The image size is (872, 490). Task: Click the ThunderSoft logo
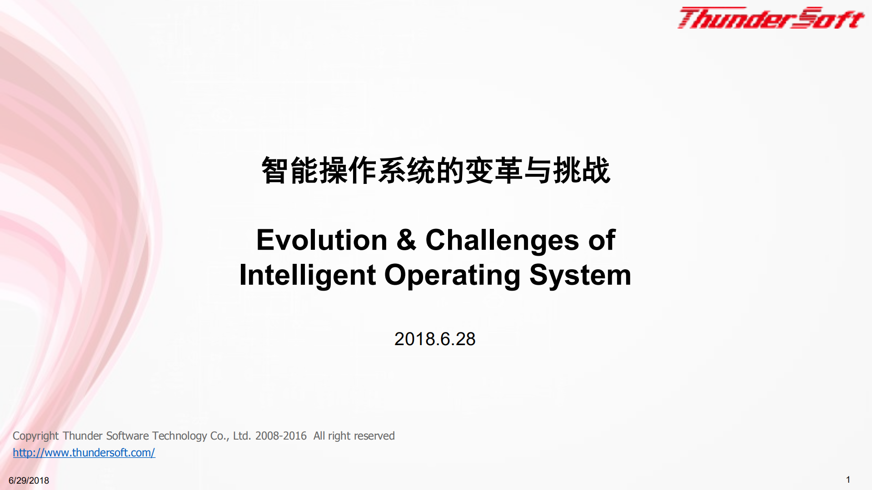point(770,18)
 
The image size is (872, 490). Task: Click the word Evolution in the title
point(321,240)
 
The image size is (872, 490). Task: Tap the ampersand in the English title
point(406,240)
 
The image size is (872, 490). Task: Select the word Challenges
point(502,240)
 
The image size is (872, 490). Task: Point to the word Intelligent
point(308,275)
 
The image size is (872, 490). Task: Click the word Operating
point(452,275)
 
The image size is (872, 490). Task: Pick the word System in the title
point(580,275)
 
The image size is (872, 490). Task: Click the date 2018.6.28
point(435,339)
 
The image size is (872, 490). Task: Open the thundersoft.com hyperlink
point(84,453)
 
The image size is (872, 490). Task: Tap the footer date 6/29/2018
point(29,480)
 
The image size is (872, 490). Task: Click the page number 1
point(848,480)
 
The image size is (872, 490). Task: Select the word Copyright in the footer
point(35,436)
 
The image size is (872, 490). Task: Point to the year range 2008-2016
point(281,436)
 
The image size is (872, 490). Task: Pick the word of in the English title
point(602,240)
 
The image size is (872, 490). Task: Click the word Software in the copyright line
point(128,436)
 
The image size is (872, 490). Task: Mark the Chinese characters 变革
point(494,171)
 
